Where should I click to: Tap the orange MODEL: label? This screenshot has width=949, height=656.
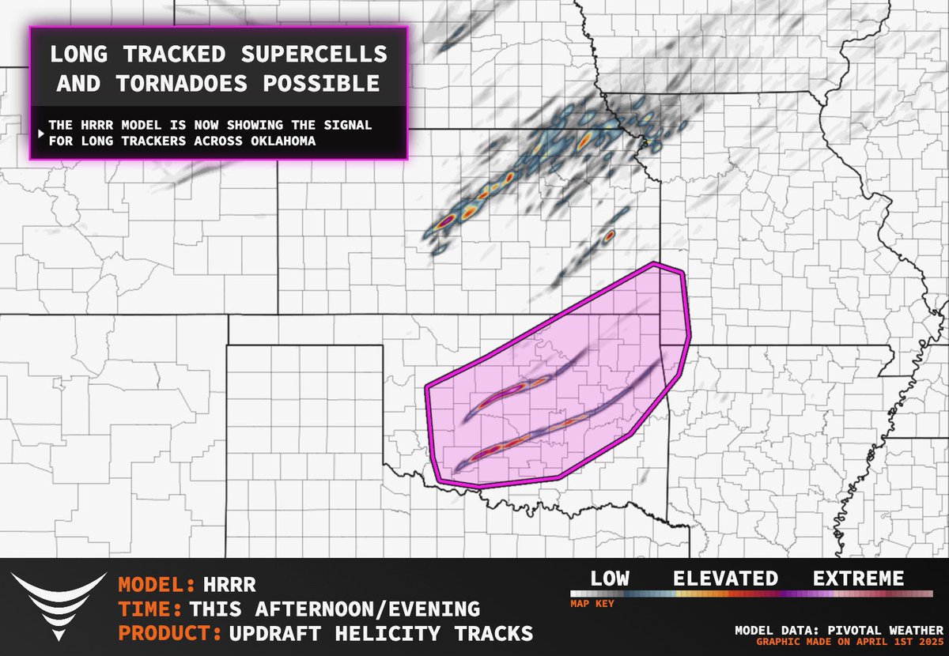pos(157,586)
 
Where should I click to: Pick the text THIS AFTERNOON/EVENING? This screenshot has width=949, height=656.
pos(334,609)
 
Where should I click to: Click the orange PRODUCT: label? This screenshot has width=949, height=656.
pos(170,634)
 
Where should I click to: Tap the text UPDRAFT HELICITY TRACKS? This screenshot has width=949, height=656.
pos(380,634)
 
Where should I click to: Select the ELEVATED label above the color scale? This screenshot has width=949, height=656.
pos(725,579)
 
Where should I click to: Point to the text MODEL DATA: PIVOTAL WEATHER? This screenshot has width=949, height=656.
pos(838,630)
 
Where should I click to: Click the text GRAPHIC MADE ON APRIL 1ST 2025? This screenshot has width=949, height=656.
pos(838,641)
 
